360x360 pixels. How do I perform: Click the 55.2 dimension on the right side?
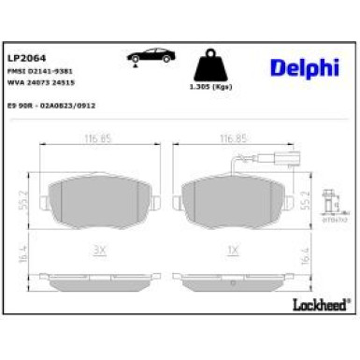click(x=305, y=198)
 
